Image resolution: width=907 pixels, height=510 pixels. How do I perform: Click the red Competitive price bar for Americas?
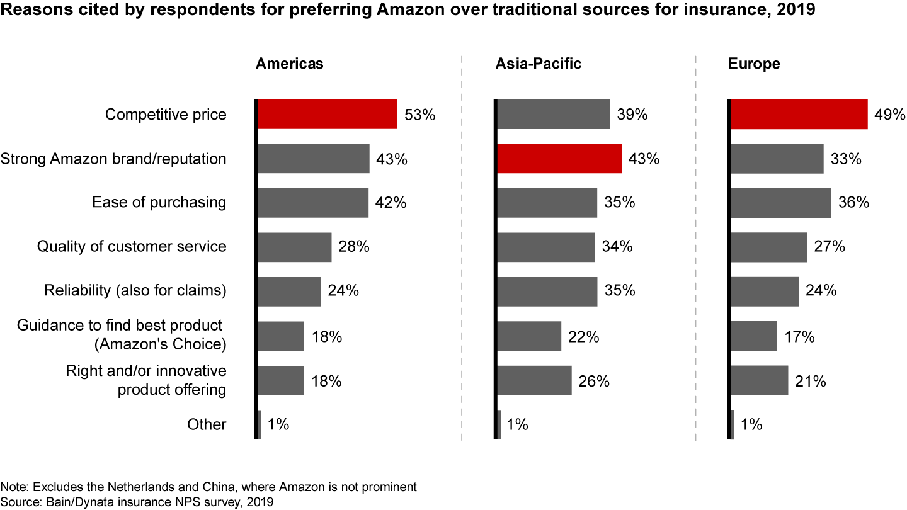click(x=327, y=114)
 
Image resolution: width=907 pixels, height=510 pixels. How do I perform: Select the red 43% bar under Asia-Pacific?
click(x=559, y=159)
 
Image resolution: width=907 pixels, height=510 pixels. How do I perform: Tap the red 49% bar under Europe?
click(x=798, y=114)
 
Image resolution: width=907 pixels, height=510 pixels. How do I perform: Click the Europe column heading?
click(x=754, y=64)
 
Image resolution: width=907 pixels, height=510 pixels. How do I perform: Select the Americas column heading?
click(x=289, y=64)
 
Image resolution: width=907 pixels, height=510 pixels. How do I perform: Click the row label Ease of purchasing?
click(x=159, y=202)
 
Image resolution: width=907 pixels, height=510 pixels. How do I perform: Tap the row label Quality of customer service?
click(x=132, y=246)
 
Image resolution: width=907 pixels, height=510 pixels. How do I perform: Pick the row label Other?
click(x=207, y=424)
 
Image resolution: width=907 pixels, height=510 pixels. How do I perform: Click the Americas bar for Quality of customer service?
click(x=294, y=247)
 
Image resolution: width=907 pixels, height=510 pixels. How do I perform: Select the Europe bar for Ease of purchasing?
click(x=780, y=203)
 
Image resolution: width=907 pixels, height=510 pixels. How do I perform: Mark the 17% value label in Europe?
click(x=800, y=337)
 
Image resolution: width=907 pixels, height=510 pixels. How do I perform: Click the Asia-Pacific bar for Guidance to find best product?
click(x=528, y=336)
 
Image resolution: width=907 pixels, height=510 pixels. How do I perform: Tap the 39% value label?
click(x=632, y=115)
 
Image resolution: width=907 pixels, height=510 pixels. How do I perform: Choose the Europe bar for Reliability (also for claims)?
click(x=764, y=292)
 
